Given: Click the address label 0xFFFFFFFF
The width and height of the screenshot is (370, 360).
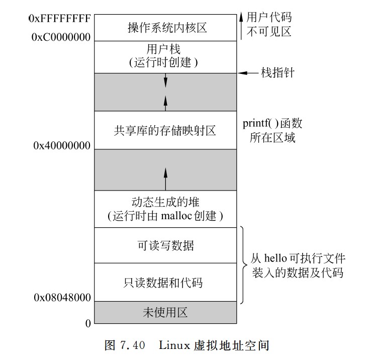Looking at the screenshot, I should (x=60, y=19).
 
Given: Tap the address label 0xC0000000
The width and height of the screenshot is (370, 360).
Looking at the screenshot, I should (x=61, y=37).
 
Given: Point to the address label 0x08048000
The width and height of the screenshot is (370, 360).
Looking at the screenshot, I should (x=62, y=297).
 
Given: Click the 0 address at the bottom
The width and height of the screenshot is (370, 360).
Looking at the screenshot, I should (x=88, y=323).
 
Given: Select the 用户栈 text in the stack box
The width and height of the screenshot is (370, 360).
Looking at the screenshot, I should (x=165, y=49).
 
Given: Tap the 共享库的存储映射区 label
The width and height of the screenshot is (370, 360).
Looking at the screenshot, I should (x=165, y=131).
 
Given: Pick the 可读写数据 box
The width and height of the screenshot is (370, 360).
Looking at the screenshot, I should (x=165, y=246).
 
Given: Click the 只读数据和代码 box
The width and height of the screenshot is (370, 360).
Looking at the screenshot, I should (x=165, y=283).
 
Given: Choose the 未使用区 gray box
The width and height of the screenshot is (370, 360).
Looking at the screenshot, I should (x=165, y=313).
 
